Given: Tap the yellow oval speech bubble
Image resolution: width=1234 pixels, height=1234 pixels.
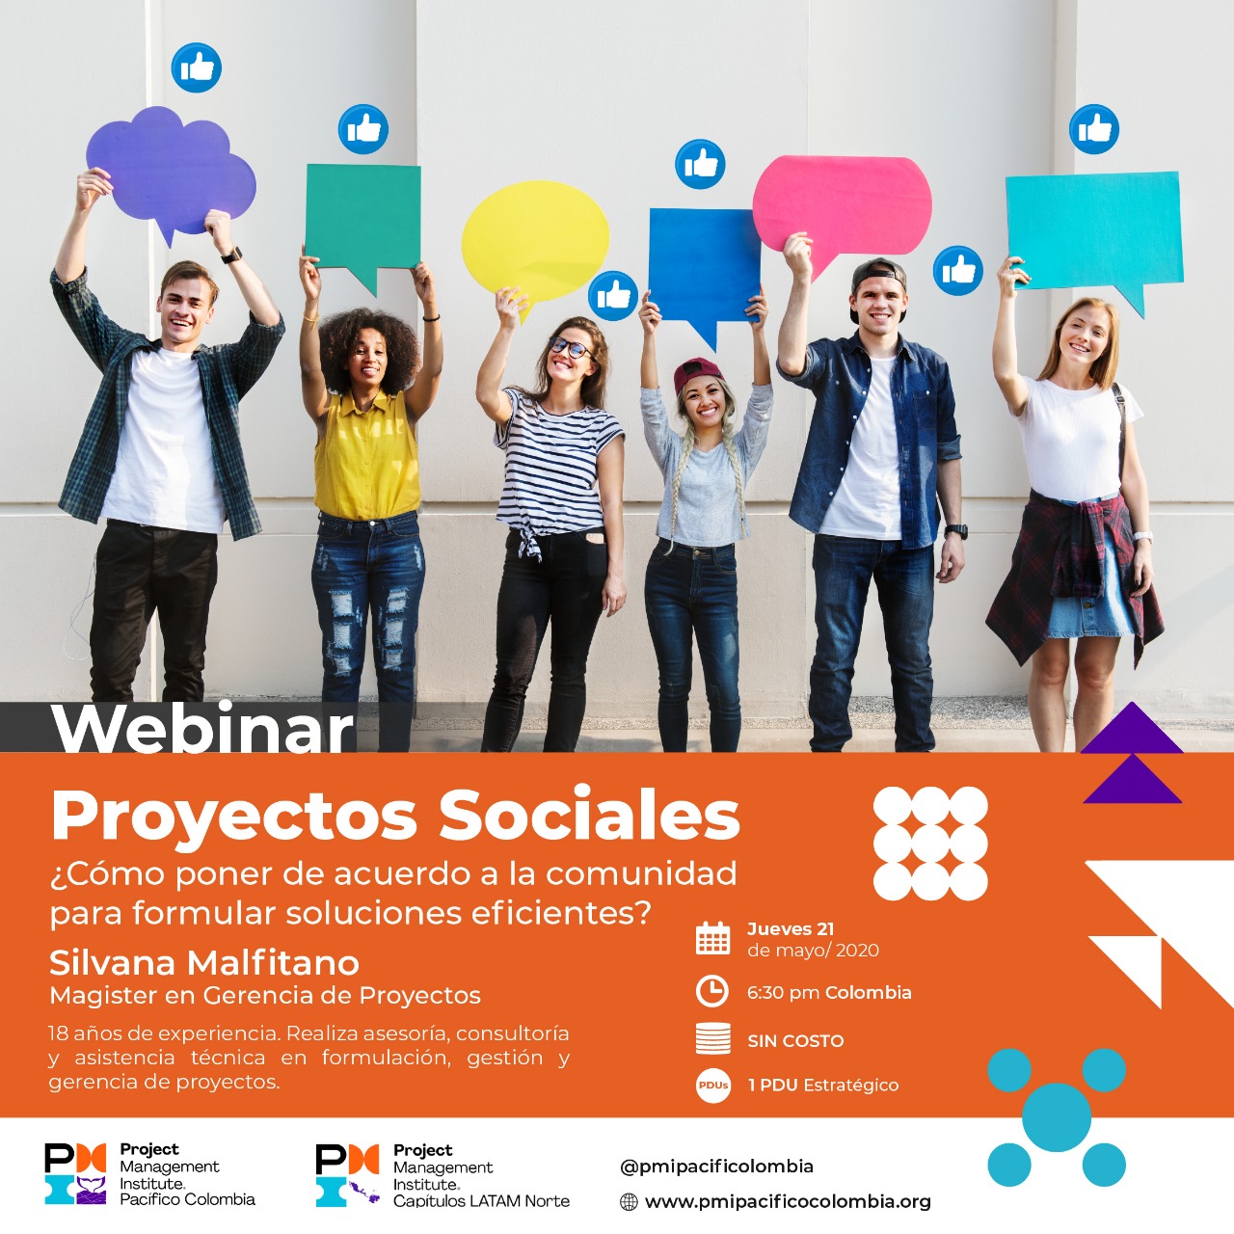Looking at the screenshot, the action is [x=535, y=242].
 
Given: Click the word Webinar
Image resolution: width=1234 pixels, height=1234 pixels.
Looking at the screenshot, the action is [x=202, y=728].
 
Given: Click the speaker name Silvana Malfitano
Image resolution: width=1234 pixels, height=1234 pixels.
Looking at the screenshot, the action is [x=204, y=962].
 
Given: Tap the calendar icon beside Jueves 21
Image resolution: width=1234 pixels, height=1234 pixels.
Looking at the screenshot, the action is [x=712, y=938].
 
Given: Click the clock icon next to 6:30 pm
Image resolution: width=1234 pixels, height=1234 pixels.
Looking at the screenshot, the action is [x=712, y=992].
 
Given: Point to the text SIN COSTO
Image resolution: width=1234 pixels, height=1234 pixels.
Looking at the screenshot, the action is [x=795, y=1040].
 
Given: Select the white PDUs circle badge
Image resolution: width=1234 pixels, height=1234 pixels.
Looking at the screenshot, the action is [x=713, y=1085].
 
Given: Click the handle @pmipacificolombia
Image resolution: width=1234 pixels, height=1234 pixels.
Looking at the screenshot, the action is [x=716, y=1167].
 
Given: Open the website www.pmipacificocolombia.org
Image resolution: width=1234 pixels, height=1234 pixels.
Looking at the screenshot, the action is [x=788, y=1201].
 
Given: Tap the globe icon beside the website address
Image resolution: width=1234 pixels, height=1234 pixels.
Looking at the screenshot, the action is [x=629, y=1202].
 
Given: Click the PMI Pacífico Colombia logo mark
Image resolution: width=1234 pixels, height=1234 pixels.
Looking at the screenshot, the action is [x=75, y=1173].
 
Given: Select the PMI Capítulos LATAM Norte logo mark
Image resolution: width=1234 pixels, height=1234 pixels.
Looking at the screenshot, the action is [x=348, y=1175].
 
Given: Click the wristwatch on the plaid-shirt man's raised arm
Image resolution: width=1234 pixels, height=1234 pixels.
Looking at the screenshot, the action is [x=231, y=255].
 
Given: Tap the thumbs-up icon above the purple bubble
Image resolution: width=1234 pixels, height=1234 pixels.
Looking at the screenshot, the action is [x=197, y=67].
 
